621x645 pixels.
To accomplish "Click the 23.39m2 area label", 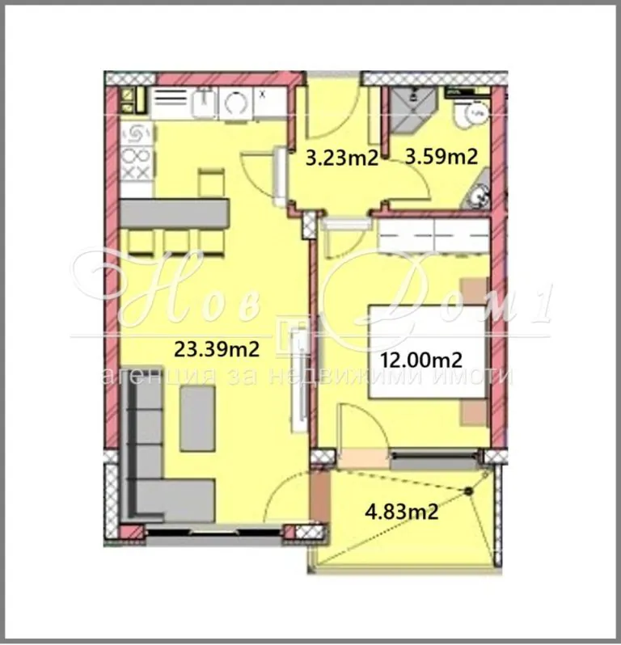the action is [217, 349].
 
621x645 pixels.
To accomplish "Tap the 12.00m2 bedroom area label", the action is [420, 360].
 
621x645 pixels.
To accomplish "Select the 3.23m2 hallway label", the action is [341, 158].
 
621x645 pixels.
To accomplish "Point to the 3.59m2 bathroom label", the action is [441, 157].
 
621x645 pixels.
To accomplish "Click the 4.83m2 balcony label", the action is [402, 512].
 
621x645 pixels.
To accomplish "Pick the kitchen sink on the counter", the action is [203, 103].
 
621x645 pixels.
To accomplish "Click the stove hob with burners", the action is [137, 153].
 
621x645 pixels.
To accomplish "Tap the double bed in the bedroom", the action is [428, 352].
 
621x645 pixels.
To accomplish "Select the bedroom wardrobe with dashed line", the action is [433, 236].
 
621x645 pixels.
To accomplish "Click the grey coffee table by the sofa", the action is [197, 419].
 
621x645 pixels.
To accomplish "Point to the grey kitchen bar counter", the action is [174, 213].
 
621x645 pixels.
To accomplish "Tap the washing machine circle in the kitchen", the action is [236, 103].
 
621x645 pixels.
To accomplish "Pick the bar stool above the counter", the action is [211, 183].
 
